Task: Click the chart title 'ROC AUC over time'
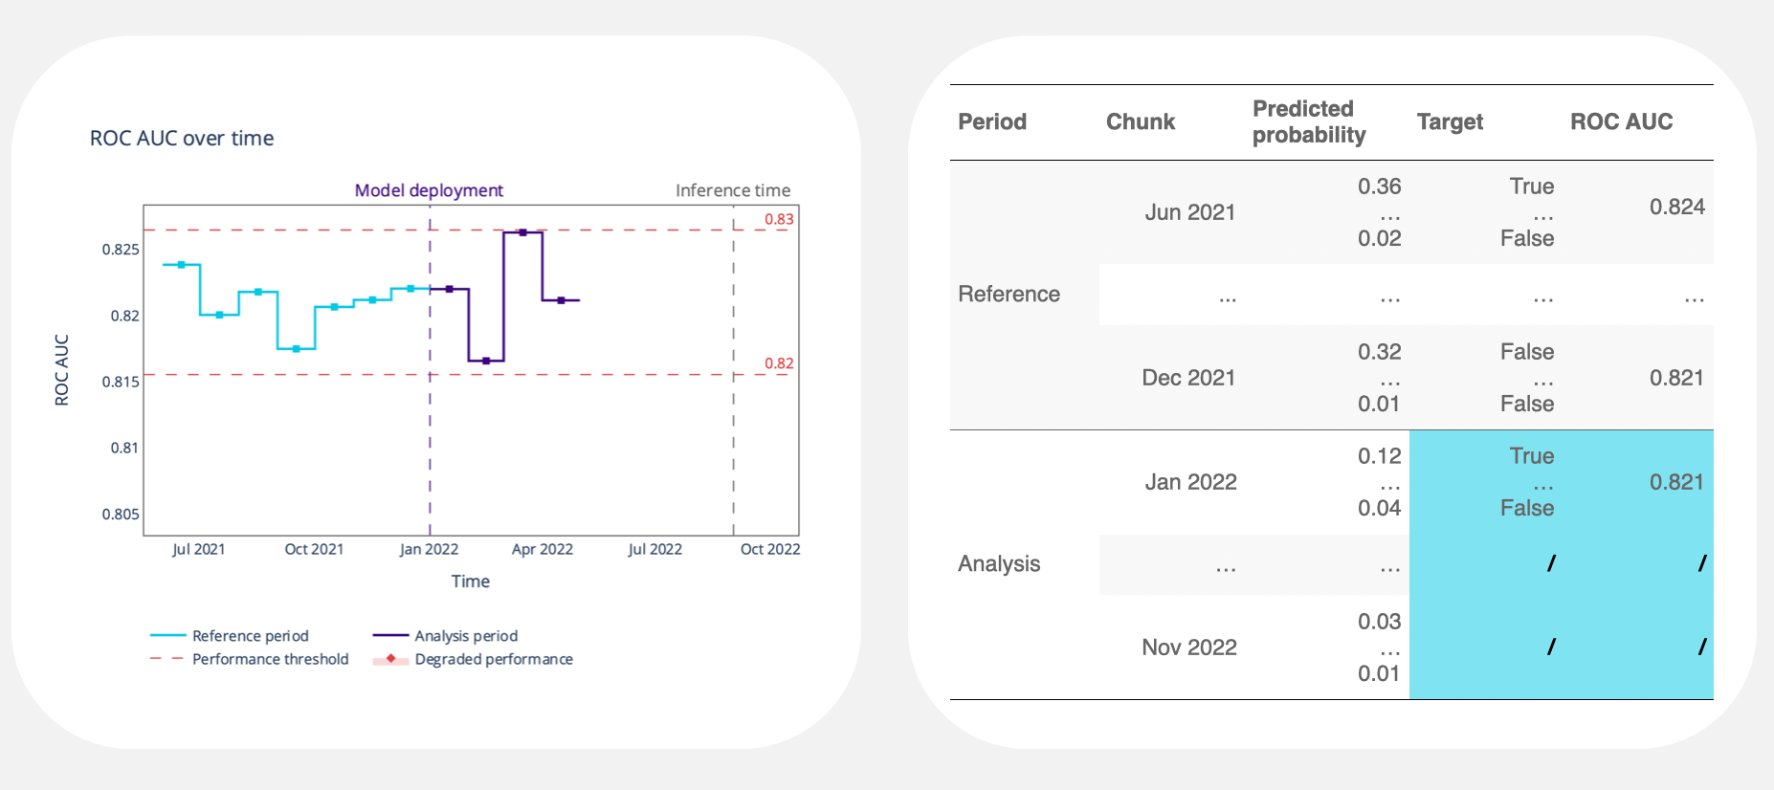tap(182, 139)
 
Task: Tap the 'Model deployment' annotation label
tap(429, 190)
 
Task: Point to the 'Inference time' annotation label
tap(733, 190)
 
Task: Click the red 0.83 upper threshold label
tap(779, 219)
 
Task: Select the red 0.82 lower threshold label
tap(779, 363)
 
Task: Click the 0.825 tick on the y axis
tap(121, 250)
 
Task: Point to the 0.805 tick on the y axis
tap(121, 515)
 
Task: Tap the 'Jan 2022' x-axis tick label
tap(429, 549)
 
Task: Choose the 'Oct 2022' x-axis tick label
tap(770, 549)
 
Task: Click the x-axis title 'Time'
tap(470, 582)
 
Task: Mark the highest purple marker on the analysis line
tap(522, 232)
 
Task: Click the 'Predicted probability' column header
tap(1308, 121)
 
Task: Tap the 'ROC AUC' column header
tap(1621, 121)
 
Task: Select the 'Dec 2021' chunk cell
tap(1188, 378)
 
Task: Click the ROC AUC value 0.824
tap(1676, 207)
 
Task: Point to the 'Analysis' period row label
tap(999, 563)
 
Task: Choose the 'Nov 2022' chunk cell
tap(1189, 647)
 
